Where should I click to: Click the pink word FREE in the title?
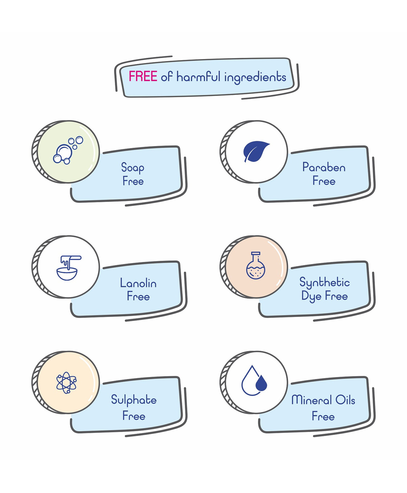(143, 76)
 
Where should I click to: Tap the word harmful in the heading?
(198, 76)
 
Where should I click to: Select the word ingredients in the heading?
(255, 77)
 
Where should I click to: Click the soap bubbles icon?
(68, 150)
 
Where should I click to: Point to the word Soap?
(133, 168)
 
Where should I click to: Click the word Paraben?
(324, 167)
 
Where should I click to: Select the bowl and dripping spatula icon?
(69, 268)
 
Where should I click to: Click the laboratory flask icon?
(256, 265)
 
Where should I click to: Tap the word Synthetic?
(324, 282)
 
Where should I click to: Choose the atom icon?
(66, 383)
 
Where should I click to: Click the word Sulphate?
(134, 400)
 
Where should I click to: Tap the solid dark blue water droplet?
(261, 383)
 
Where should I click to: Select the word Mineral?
(312, 400)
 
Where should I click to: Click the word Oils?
(345, 400)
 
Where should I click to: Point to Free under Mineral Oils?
(323, 416)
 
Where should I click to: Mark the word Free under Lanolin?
(138, 296)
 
